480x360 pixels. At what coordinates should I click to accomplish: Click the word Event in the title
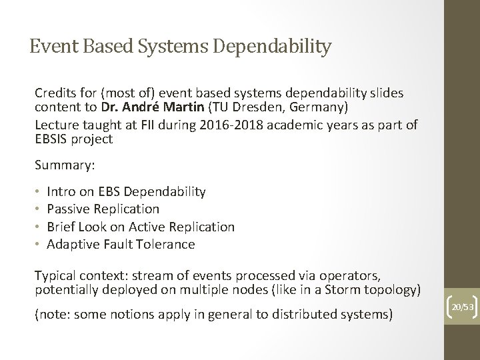(51, 46)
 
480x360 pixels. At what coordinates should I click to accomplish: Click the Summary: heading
(63, 164)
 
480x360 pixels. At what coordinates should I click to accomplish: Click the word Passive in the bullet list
(69, 209)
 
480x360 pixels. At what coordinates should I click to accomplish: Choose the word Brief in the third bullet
(62, 227)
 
